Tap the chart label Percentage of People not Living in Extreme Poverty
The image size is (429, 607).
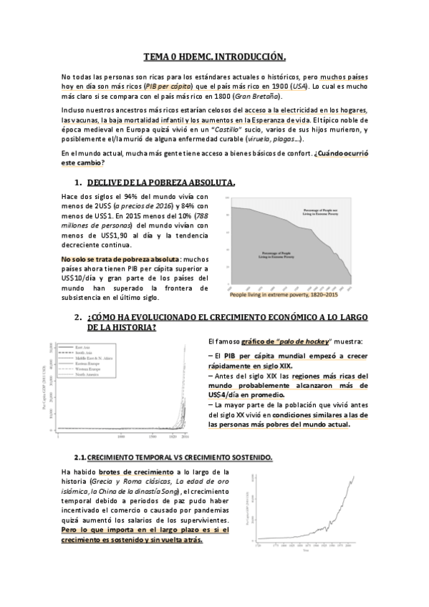(x=321, y=210)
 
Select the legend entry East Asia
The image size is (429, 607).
(x=83, y=347)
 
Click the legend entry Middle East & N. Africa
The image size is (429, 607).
(x=95, y=359)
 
